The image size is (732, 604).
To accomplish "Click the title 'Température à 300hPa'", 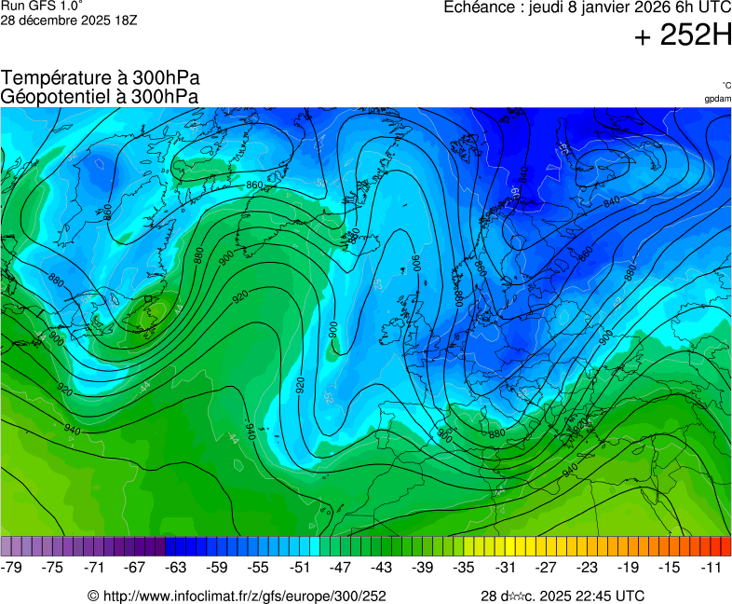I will [100, 78].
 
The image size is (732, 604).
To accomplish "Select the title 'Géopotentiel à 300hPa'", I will [100, 96].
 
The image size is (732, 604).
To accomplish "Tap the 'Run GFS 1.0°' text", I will [42, 6].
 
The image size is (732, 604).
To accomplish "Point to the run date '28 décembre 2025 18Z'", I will [69, 20].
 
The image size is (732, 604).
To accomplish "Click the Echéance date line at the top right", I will [587, 7].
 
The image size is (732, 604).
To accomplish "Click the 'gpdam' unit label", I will [717, 99].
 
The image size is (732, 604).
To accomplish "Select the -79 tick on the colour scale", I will [12, 567].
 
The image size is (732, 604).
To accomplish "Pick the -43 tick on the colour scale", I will [381, 567].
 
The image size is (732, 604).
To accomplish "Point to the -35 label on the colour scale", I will [463, 567].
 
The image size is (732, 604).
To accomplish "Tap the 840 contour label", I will [612, 201].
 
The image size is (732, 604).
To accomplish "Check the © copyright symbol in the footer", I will [93, 596].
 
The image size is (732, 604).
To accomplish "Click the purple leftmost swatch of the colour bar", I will [7, 546].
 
